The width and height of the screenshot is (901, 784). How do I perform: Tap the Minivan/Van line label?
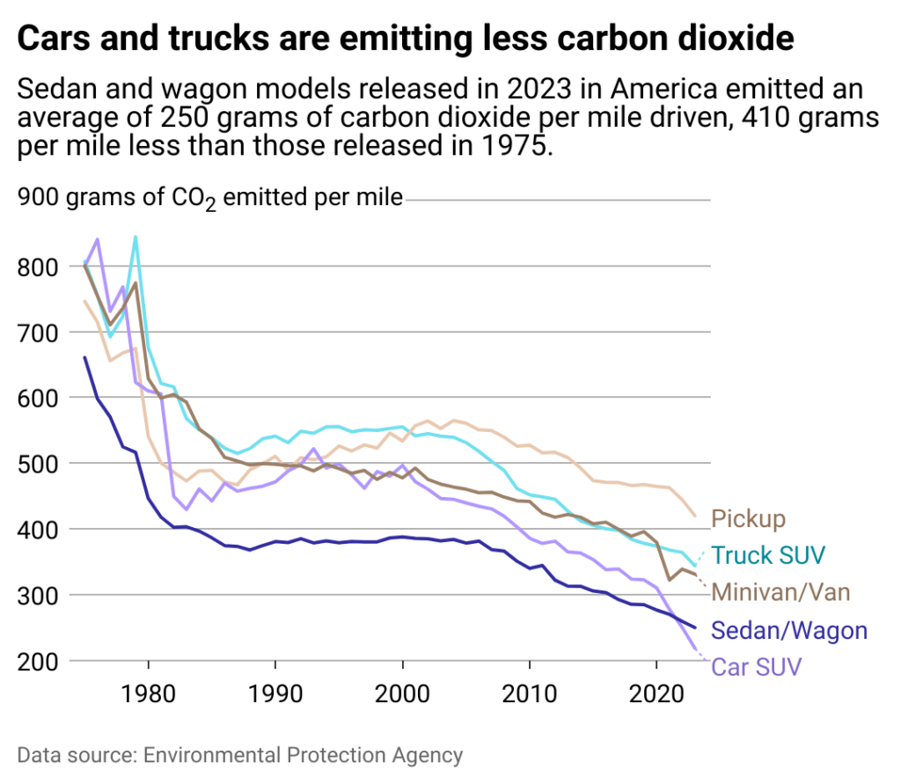[x=780, y=592]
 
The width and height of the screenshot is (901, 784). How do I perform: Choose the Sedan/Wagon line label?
[x=789, y=630]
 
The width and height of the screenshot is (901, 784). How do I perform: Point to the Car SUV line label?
[x=756, y=666]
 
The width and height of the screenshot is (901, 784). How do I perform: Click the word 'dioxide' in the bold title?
[x=731, y=40]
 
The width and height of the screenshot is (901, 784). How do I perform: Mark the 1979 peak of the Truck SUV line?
[x=136, y=237]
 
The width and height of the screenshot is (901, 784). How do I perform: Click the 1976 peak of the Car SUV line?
[x=97, y=239]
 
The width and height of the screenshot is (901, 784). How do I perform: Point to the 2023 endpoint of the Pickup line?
[x=695, y=517]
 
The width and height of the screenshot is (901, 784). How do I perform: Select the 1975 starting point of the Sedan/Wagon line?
[x=84, y=357]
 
